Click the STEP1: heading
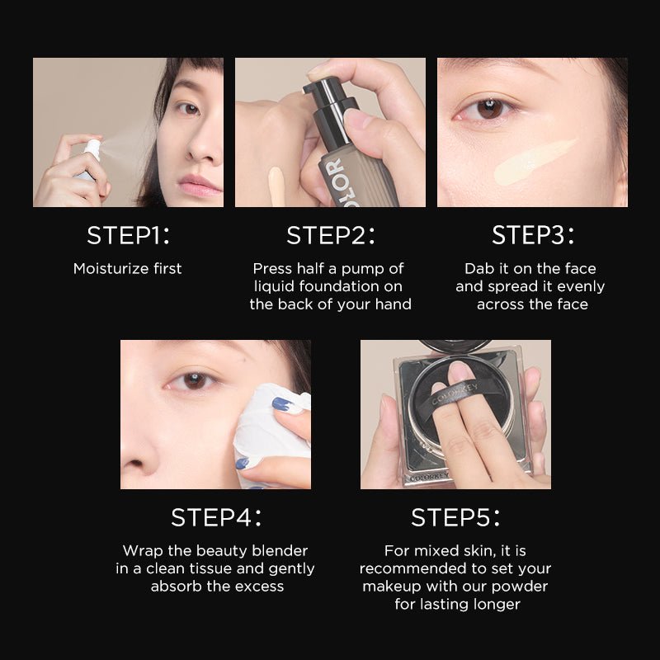pyautogui.click(x=128, y=234)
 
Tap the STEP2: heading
pyautogui.click(x=330, y=234)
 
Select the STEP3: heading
pyautogui.click(x=533, y=234)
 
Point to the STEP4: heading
pyautogui.click(x=216, y=517)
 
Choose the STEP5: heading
pyautogui.click(x=455, y=517)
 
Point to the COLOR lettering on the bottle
pyautogui.click(x=334, y=181)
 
